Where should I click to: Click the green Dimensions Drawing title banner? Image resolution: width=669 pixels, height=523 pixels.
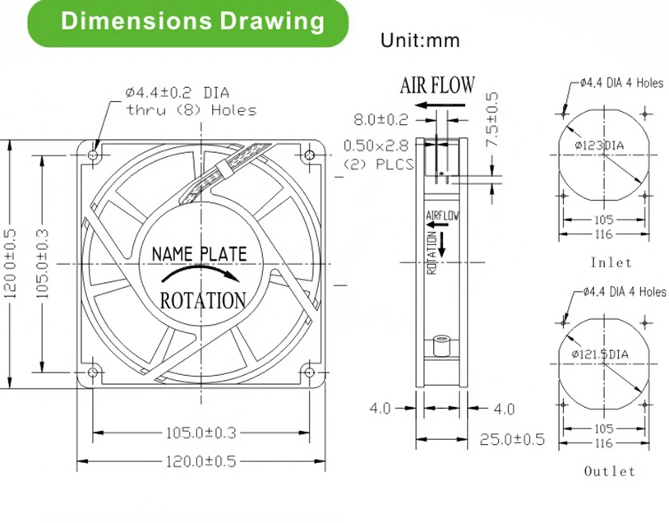(x=192, y=22)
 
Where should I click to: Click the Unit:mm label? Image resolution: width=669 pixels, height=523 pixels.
(x=420, y=40)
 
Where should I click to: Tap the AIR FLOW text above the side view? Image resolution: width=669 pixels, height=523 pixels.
(x=437, y=85)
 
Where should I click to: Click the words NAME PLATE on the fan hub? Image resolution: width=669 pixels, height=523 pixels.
(x=200, y=254)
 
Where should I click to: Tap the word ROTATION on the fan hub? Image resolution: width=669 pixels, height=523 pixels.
(x=202, y=300)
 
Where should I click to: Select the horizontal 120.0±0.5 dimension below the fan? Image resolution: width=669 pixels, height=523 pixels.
(x=196, y=461)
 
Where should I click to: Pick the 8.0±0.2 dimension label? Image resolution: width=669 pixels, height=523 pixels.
(x=381, y=120)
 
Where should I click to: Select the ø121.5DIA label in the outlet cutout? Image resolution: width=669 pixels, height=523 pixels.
(x=600, y=354)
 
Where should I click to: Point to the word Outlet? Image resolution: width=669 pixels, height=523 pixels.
(x=610, y=471)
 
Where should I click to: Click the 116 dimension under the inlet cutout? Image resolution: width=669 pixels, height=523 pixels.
(x=604, y=235)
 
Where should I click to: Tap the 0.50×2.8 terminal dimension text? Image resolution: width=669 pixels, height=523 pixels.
(x=376, y=146)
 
